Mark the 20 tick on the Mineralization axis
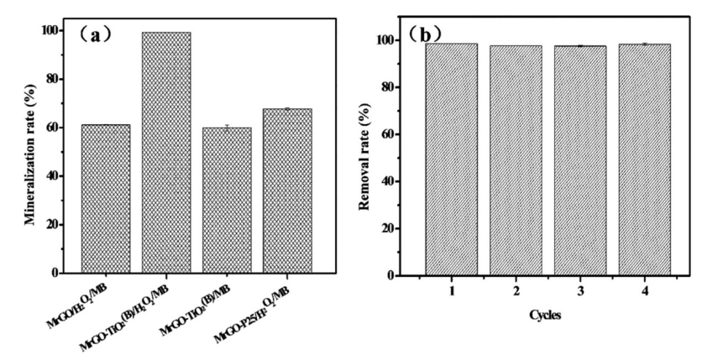[x=57, y=225]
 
